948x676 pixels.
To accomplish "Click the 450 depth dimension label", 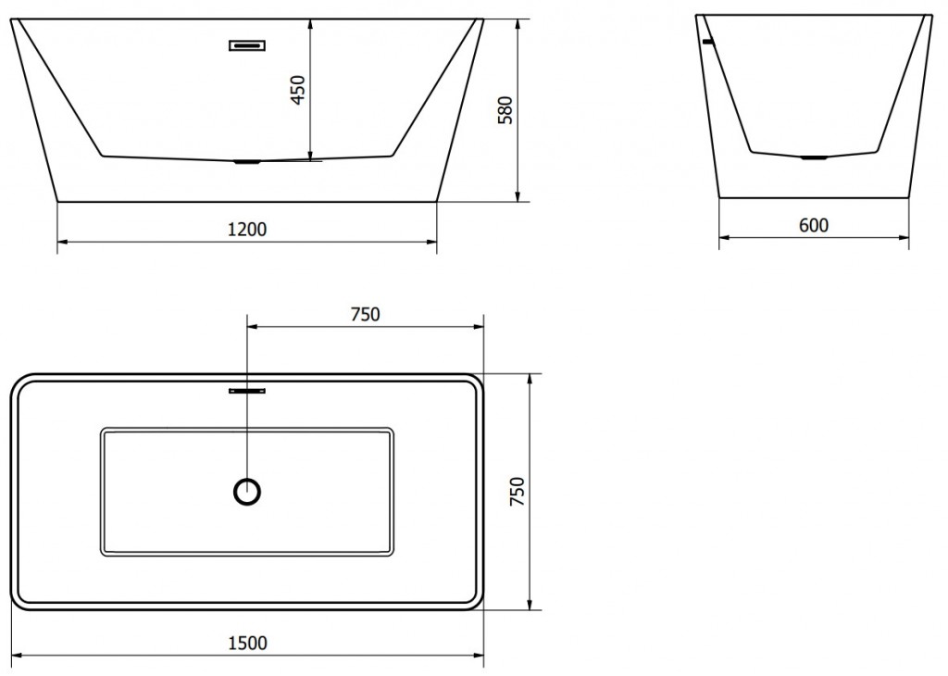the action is (x=299, y=90).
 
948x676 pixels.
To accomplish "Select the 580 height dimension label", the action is (x=505, y=110).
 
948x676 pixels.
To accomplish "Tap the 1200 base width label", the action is (x=246, y=229).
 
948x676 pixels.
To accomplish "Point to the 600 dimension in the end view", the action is (x=814, y=225).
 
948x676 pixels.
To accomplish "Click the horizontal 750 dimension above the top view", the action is (x=365, y=315).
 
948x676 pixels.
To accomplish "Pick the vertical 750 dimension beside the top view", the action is (x=518, y=492).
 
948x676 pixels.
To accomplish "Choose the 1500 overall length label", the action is (x=247, y=643).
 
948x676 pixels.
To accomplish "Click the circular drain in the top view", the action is (x=247, y=492).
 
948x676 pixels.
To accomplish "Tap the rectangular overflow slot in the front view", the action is (x=247, y=45).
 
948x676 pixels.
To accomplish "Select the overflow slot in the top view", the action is (x=247, y=391).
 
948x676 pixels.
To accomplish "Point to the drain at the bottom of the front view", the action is (x=247, y=161).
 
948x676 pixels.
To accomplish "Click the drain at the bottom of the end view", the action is (x=814, y=157).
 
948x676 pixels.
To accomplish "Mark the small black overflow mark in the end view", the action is (x=708, y=42).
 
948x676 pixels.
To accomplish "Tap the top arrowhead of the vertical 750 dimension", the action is (x=530, y=380).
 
